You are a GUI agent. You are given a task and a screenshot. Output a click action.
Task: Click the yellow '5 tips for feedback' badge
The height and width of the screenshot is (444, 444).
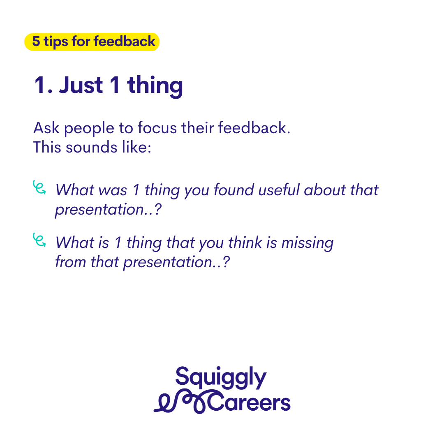[92, 42]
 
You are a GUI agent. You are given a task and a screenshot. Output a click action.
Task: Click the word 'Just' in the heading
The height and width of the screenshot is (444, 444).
[81, 85]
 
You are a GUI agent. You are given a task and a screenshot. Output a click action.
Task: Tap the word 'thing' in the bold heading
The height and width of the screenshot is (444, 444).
[155, 86]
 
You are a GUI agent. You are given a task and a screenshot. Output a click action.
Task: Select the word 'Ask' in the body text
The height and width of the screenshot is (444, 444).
[46, 128]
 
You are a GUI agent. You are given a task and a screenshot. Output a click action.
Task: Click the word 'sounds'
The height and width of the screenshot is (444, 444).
[91, 147]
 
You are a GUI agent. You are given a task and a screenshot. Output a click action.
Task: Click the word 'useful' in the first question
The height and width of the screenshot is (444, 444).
[279, 190]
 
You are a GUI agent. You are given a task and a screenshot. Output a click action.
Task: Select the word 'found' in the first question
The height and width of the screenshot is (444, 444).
[234, 190]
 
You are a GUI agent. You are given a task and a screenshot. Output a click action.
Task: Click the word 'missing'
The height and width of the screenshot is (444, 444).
[308, 243]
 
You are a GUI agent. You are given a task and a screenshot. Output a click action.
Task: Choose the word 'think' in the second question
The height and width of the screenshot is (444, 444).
[245, 243]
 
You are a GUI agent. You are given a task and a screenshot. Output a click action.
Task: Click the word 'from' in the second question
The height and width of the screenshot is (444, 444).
[71, 262]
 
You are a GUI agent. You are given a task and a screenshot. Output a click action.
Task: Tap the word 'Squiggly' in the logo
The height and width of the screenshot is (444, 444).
[221, 378]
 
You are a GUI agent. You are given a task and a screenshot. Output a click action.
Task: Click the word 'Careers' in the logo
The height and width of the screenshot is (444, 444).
[249, 402]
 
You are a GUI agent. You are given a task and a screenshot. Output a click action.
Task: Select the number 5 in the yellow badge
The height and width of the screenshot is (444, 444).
[36, 42]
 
